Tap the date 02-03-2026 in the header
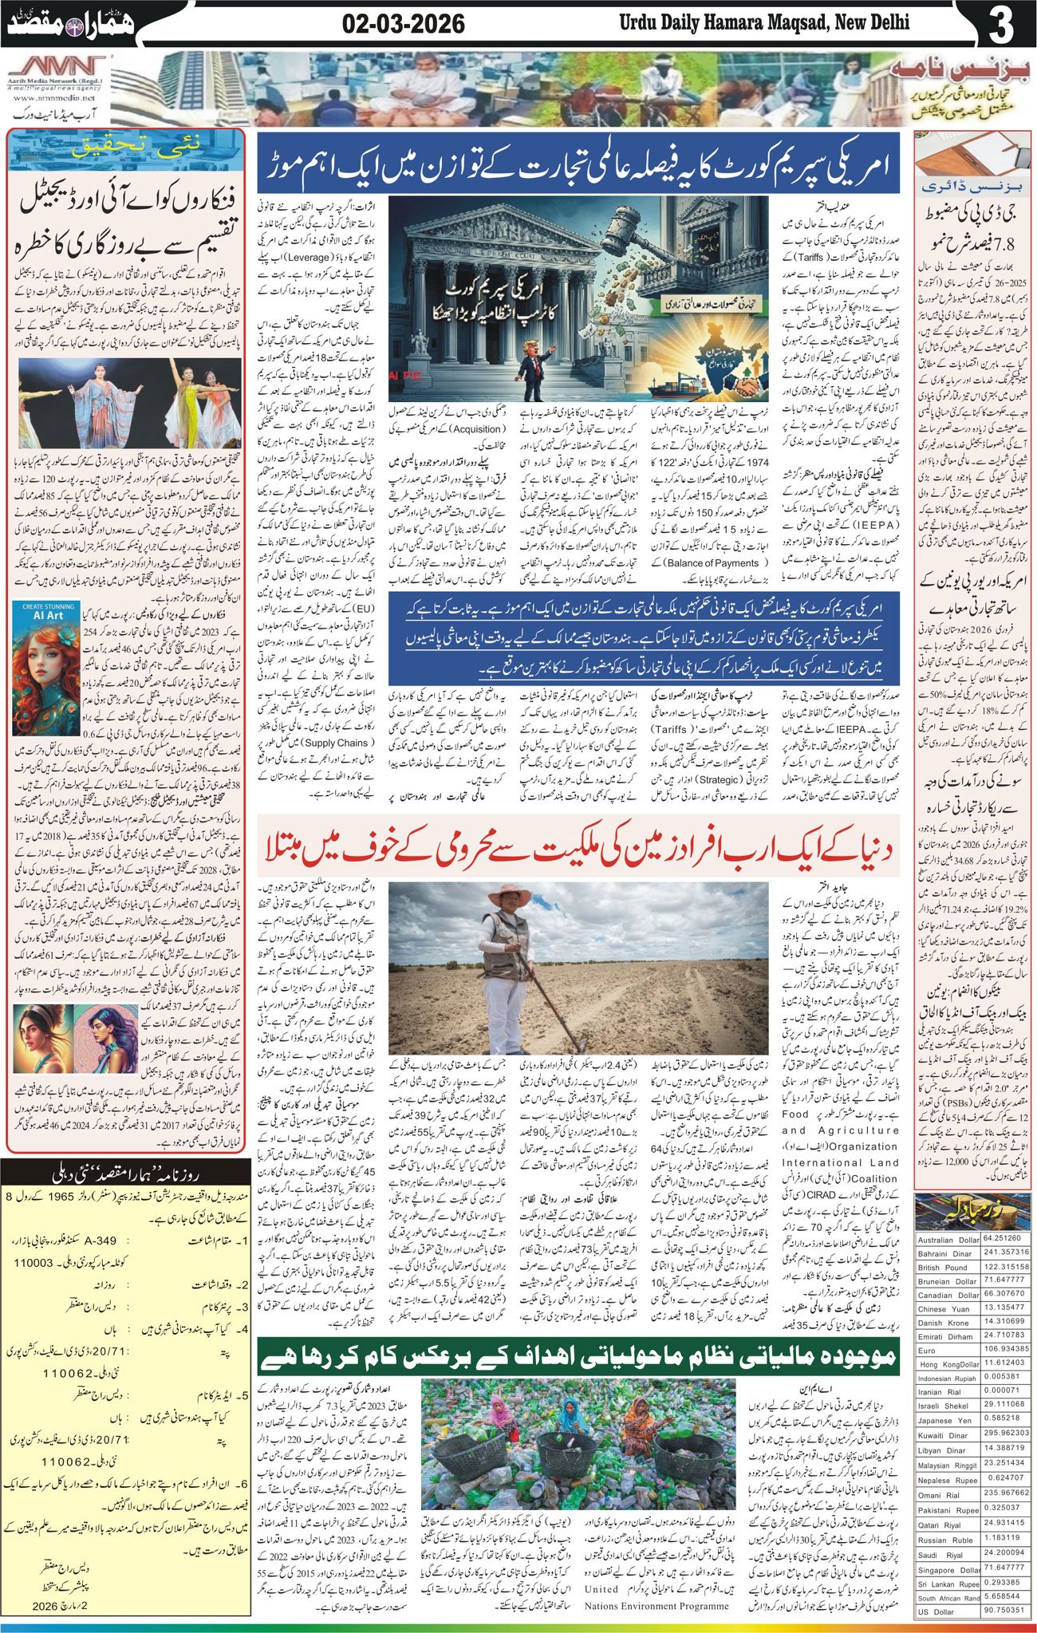coord(403,25)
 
